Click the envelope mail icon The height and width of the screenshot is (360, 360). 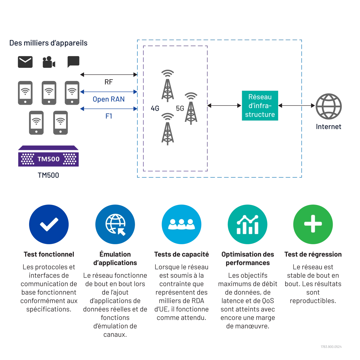point(25,62)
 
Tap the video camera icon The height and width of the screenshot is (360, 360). point(49,62)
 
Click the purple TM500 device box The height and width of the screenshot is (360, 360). point(48,156)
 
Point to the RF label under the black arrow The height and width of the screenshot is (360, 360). point(109,82)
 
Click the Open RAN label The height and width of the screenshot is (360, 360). point(109,99)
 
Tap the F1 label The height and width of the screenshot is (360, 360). point(109,116)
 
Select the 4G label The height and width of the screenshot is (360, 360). point(155,108)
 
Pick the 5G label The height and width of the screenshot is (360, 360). point(180,108)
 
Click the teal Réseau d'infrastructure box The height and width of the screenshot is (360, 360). point(260,106)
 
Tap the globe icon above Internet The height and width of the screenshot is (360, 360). point(328,106)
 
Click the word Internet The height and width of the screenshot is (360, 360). point(328,127)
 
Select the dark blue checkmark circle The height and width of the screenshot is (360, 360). point(49,224)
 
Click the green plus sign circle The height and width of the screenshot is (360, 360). point(313,224)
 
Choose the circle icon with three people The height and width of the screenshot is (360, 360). point(181,224)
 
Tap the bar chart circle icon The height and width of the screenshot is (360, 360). point(247,224)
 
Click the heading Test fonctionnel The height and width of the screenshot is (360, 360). point(49,254)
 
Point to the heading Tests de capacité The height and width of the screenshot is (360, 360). point(181,254)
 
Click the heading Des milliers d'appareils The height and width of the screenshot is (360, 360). point(48,43)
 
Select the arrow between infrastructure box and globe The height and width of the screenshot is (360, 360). point(297,106)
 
